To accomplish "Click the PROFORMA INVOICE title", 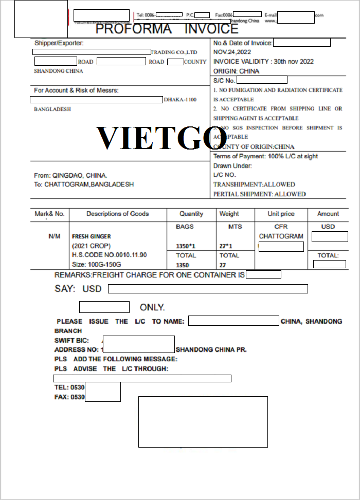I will click(x=167, y=29).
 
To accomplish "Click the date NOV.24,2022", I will click(x=232, y=52).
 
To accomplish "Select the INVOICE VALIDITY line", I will click(x=263, y=62).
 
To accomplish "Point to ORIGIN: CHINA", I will click(x=236, y=71).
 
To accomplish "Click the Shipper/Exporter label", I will click(x=59, y=43).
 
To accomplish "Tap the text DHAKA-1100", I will click(x=180, y=99).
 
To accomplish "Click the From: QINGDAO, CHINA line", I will click(x=70, y=175).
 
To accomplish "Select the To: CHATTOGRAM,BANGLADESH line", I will click(x=84, y=184).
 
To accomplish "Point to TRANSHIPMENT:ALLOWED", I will click(x=254, y=184).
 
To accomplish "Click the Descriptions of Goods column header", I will click(x=118, y=214).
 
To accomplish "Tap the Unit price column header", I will click(x=281, y=214).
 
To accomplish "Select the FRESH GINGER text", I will click(x=91, y=236).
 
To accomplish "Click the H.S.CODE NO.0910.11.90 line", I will click(x=109, y=255).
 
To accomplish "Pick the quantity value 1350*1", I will click(x=186, y=246).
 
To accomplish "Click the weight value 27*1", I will click(x=226, y=246).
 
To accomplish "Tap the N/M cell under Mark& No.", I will click(x=55, y=236).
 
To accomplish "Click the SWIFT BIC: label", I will click(x=71, y=340).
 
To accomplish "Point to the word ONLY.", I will click(x=152, y=307).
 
